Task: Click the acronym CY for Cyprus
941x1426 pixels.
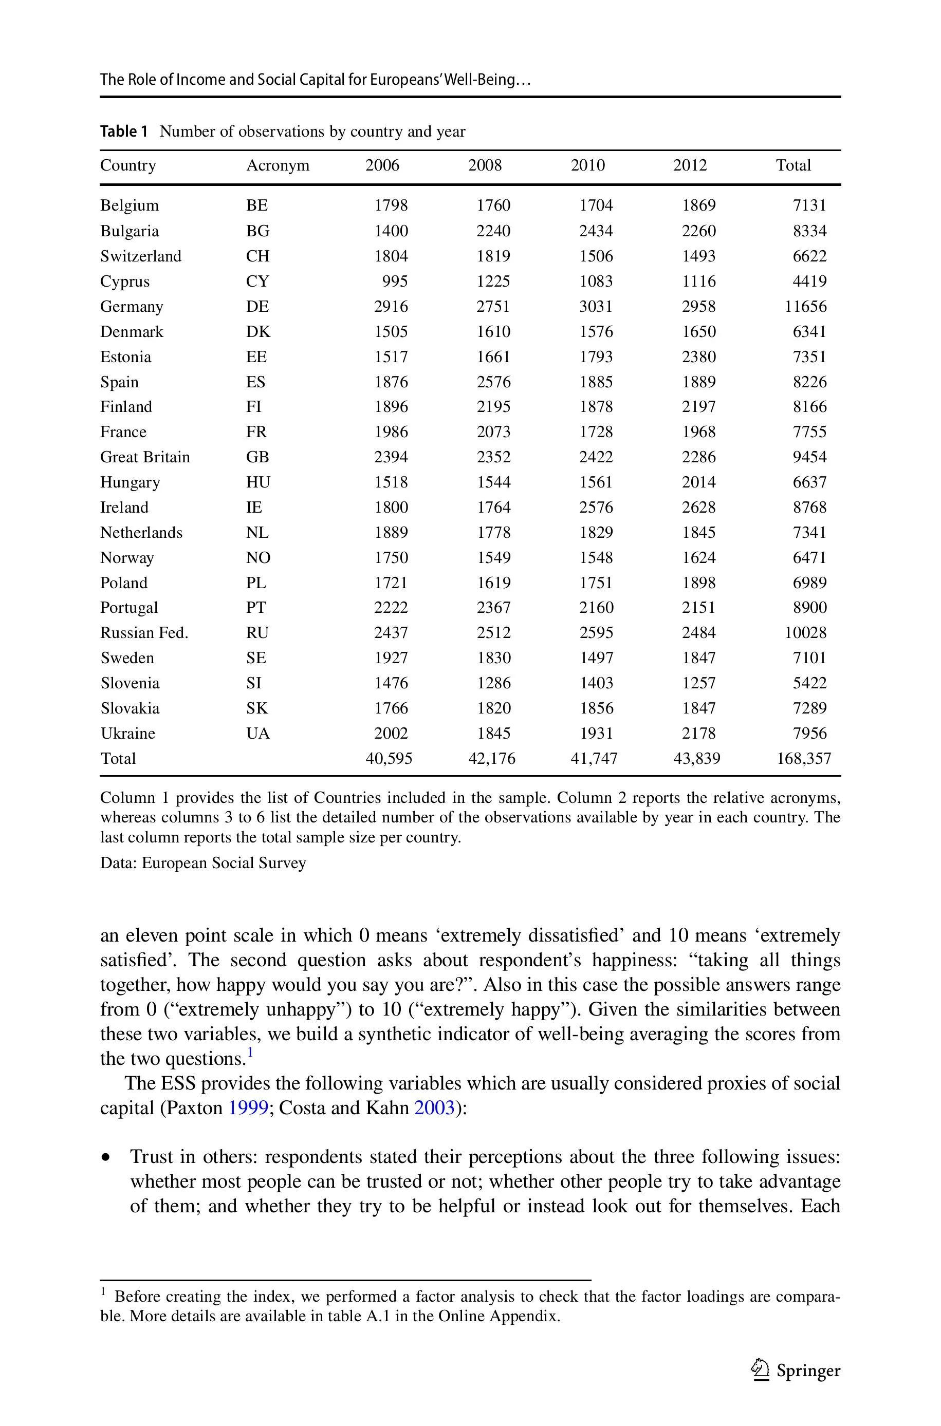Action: point(257,281)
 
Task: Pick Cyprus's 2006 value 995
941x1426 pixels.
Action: point(394,281)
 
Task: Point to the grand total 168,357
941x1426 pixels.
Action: point(804,759)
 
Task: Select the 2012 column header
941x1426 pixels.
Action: point(690,165)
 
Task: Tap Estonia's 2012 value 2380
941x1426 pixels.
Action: point(698,357)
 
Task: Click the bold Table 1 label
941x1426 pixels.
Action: point(123,132)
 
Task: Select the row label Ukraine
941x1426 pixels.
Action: point(127,734)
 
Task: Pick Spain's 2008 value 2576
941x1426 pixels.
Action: point(493,382)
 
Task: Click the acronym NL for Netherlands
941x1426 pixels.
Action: point(257,533)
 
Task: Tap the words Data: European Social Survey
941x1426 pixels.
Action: point(203,863)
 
